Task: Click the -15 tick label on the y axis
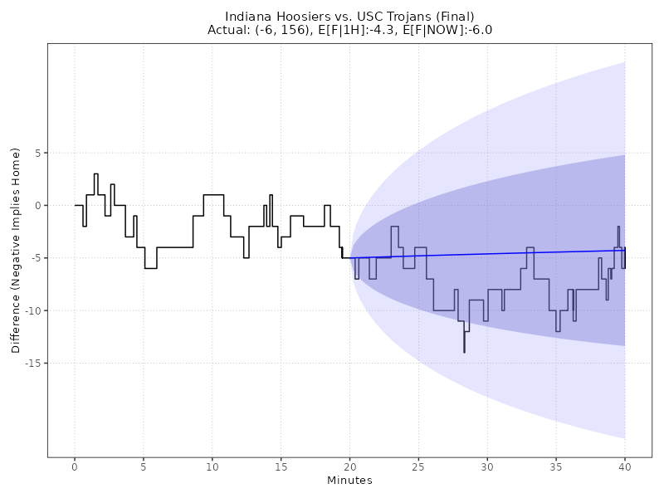click(x=32, y=363)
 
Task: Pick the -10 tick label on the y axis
click(x=32, y=310)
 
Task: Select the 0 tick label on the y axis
click(x=37, y=205)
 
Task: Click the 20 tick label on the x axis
click(x=349, y=466)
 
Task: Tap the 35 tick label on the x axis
click(x=556, y=466)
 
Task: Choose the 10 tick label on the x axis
click(x=212, y=466)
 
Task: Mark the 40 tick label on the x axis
click(x=625, y=466)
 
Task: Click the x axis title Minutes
click(x=349, y=481)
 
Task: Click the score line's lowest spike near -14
click(x=464, y=351)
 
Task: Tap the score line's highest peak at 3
click(x=96, y=174)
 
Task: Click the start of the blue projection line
click(x=350, y=257)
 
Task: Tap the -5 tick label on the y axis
click(x=35, y=257)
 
